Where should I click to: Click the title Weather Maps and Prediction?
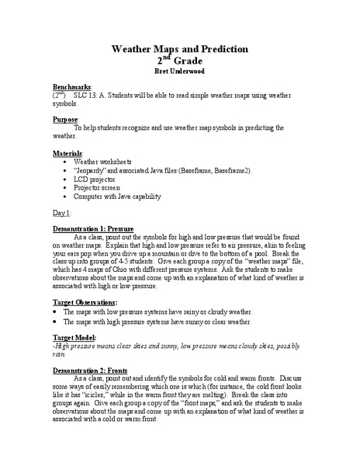(180, 49)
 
